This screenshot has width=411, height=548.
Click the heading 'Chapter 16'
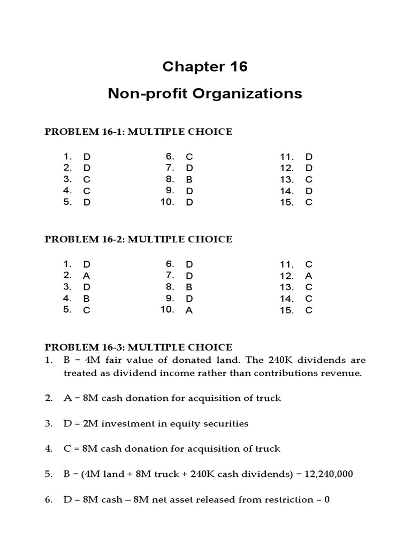(205, 67)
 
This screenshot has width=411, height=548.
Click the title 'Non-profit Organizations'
(205, 94)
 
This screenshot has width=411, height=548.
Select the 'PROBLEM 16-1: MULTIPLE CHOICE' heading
(138, 132)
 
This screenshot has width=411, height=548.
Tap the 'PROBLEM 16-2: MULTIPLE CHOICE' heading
(138, 239)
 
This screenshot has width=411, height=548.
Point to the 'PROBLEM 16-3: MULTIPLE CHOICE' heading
(138, 347)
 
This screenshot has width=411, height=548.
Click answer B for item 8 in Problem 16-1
(189, 179)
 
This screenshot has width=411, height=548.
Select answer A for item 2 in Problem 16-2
(86, 276)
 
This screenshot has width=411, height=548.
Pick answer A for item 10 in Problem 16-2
(189, 310)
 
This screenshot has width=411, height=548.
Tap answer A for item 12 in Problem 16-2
(308, 276)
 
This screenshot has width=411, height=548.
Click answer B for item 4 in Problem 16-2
(86, 299)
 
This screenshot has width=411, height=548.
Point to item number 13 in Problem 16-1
(286, 179)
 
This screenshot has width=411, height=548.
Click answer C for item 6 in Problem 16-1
(189, 157)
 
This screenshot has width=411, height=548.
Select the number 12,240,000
(326, 474)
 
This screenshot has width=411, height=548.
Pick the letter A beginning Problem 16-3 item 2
(67, 398)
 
